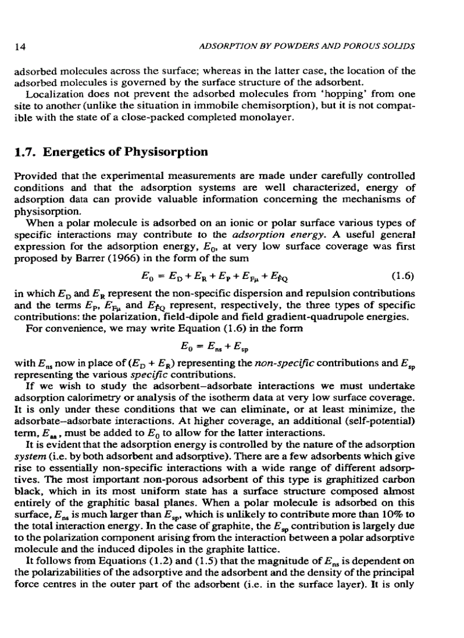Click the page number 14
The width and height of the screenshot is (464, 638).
click(x=20, y=45)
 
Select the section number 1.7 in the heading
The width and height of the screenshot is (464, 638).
click(x=26, y=152)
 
